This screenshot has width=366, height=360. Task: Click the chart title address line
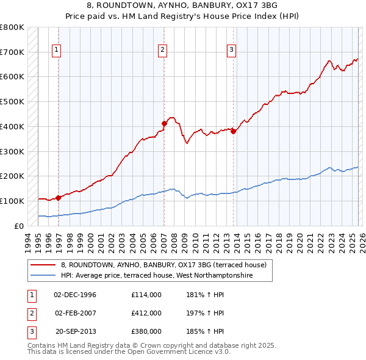(x=183, y=5)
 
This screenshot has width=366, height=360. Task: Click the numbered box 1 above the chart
(x=57, y=51)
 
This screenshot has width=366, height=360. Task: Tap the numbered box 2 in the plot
(x=163, y=51)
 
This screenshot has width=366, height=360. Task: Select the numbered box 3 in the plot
(x=232, y=51)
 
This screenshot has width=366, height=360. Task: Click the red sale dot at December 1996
(x=59, y=197)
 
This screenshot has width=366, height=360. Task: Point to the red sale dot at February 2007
(x=164, y=123)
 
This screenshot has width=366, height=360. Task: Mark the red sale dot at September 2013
(x=234, y=131)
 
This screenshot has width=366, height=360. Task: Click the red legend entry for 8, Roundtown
(x=163, y=265)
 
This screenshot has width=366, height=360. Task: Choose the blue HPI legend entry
(x=165, y=276)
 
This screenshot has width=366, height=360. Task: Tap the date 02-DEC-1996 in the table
(x=75, y=295)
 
